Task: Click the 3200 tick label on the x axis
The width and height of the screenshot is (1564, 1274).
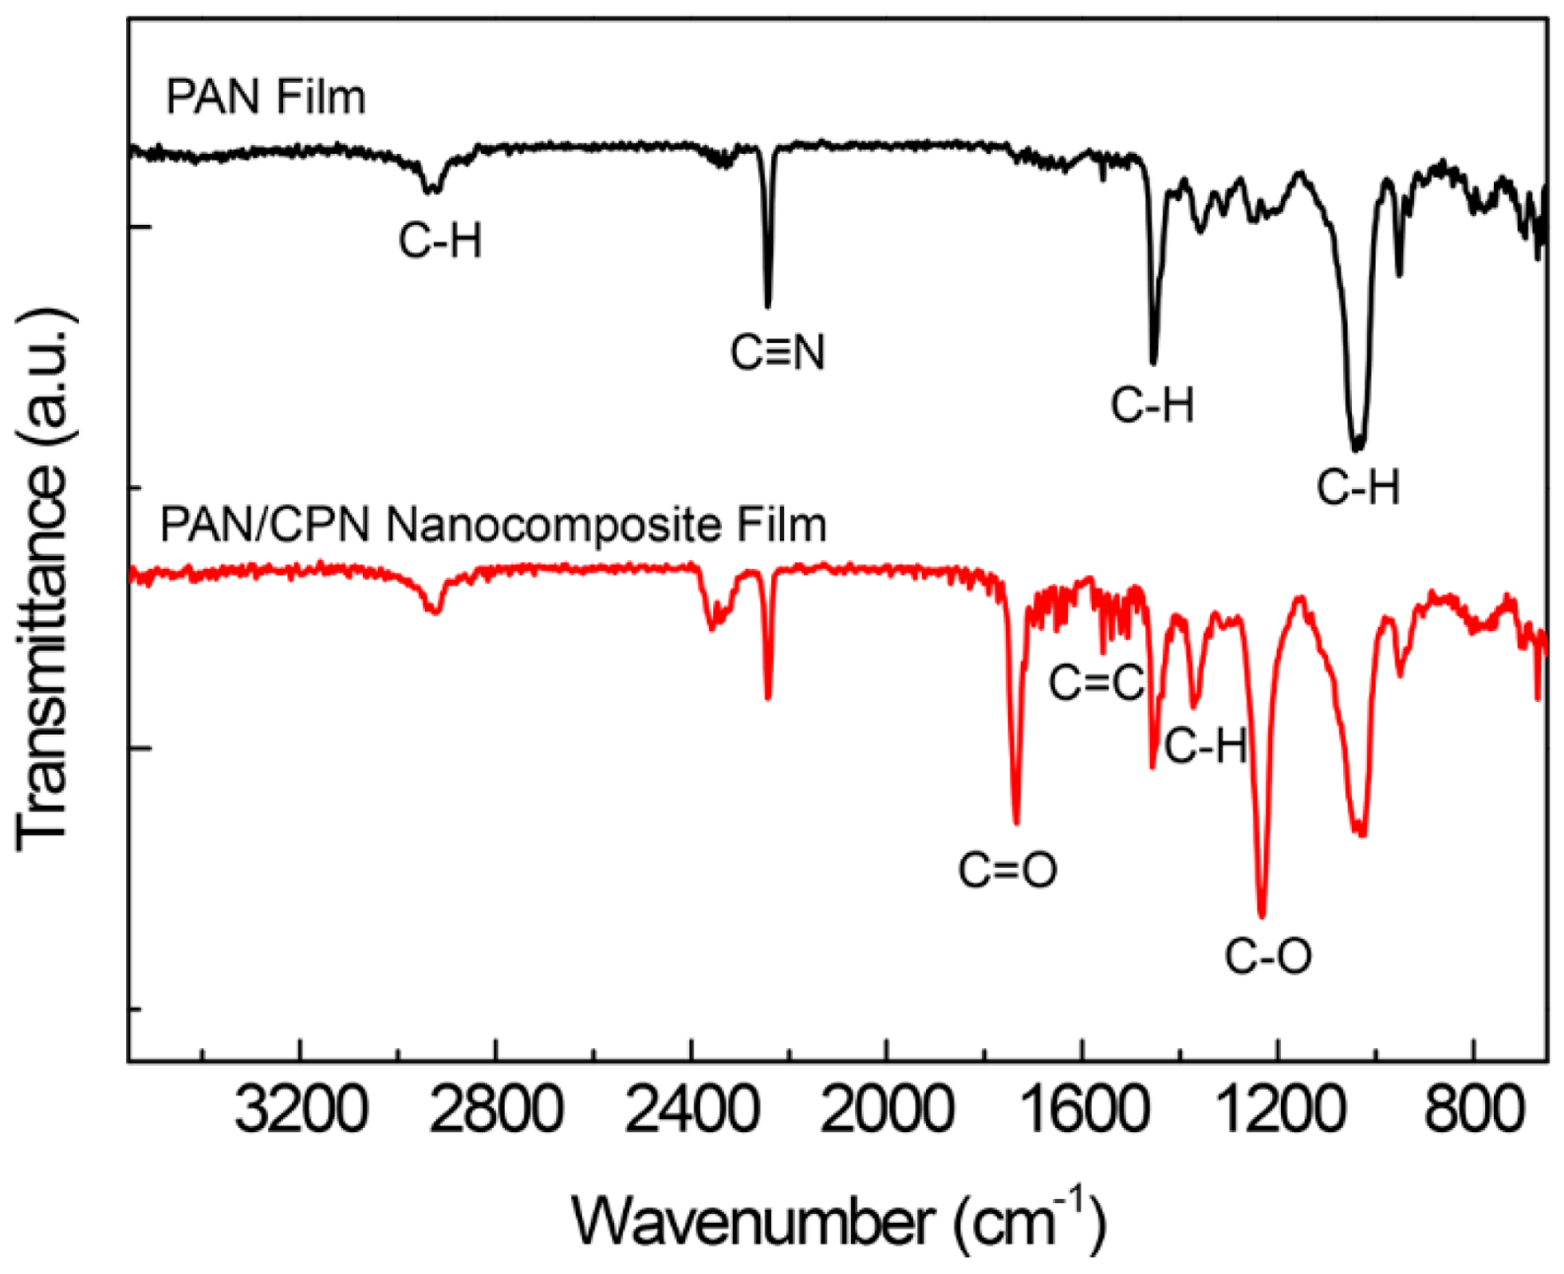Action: click(301, 1114)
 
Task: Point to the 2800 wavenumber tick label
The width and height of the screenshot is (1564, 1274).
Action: click(496, 1114)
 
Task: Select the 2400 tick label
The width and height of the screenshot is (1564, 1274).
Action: click(690, 1114)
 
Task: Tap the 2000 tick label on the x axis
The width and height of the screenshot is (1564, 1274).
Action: click(887, 1114)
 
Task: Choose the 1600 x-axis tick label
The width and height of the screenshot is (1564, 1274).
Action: click(1082, 1114)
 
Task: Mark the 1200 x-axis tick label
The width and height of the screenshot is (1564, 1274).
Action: click(1277, 1114)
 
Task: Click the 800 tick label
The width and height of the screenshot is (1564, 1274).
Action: click(1472, 1114)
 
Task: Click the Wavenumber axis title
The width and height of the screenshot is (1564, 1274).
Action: click(839, 1220)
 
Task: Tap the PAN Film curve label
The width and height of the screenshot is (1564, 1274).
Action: click(266, 97)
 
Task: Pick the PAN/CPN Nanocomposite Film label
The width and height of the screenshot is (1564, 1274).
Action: click(493, 525)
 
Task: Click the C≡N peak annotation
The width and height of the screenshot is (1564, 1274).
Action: click(777, 352)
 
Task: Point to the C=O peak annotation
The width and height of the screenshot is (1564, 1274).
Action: click(1008, 870)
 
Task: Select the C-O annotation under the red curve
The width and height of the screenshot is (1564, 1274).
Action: click(1268, 955)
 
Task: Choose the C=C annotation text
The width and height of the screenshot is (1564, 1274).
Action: click(1096, 681)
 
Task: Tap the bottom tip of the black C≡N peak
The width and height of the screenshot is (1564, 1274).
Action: click(768, 306)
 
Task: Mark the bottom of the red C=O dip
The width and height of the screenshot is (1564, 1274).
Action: click(1017, 821)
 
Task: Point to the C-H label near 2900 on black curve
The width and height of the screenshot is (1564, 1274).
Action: click(441, 241)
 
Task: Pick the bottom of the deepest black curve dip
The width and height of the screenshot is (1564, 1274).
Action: click(1358, 450)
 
